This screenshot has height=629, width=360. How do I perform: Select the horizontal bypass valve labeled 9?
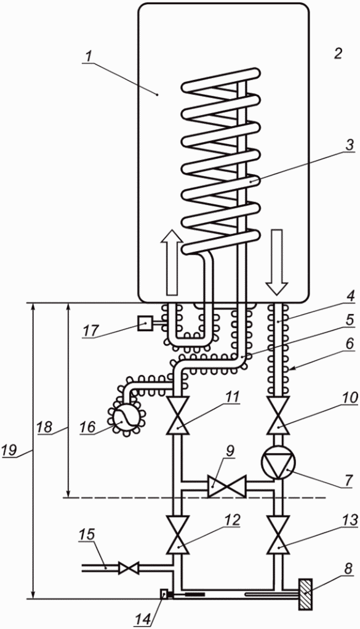(x=226, y=486)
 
